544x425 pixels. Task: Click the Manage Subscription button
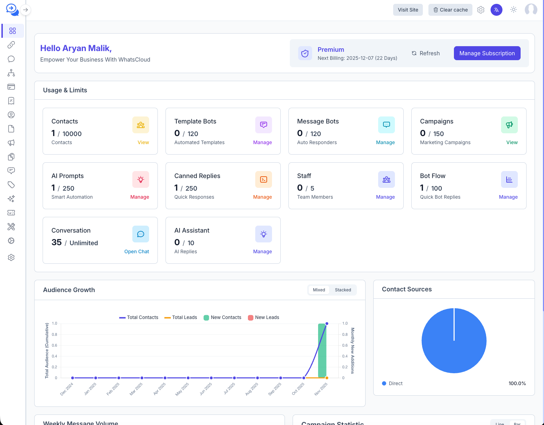coord(487,53)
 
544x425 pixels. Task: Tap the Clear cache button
coord(450,10)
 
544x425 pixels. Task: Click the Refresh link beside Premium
coord(426,53)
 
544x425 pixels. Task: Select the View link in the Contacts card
coord(143,142)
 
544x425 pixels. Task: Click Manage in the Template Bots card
coord(262,142)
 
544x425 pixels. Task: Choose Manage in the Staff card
coord(385,197)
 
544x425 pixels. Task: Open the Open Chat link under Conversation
coord(137,252)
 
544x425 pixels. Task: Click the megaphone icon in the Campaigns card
coord(509,125)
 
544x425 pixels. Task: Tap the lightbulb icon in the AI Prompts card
coord(141,179)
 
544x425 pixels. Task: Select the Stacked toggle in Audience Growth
coord(343,290)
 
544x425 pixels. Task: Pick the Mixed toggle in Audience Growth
coord(319,290)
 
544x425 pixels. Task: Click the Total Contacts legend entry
coord(139,318)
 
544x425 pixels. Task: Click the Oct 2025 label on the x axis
coord(298,389)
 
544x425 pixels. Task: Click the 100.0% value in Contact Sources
coord(517,383)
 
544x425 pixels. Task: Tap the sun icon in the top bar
coord(513,10)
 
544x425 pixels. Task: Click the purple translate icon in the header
coord(496,10)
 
